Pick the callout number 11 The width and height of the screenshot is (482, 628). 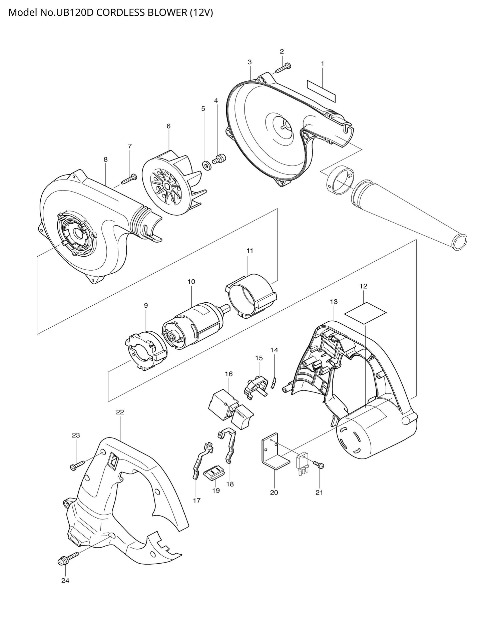click(250, 251)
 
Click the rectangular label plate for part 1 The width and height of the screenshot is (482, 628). click(321, 90)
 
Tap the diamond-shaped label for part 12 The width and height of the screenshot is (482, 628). click(365, 313)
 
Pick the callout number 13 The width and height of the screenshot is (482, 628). click(334, 302)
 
